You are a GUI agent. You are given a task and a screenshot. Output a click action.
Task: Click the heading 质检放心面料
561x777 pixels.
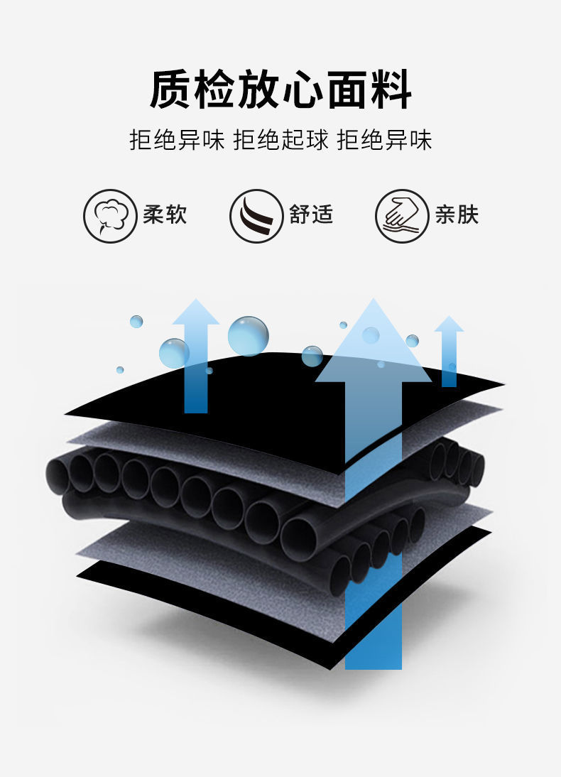(280, 90)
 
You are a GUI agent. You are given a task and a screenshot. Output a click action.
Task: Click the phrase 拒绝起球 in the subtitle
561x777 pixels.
(280, 139)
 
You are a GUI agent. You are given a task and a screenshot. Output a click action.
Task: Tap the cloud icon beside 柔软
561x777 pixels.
(110, 216)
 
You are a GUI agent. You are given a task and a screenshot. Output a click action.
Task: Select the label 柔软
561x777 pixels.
(165, 214)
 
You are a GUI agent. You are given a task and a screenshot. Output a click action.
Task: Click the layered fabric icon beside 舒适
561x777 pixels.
(256, 216)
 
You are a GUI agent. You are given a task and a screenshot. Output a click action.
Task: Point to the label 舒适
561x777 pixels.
(311, 214)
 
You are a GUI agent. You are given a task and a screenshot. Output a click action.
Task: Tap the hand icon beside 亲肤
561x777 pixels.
(402, 216)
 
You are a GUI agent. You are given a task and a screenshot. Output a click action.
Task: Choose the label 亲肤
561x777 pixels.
(457, 214)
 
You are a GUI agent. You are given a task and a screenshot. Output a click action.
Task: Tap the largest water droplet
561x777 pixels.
(248, 335)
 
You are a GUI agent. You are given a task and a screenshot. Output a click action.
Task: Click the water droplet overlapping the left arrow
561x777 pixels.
(174, 353)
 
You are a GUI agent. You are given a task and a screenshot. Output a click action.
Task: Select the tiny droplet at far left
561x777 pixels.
(120, 370)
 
